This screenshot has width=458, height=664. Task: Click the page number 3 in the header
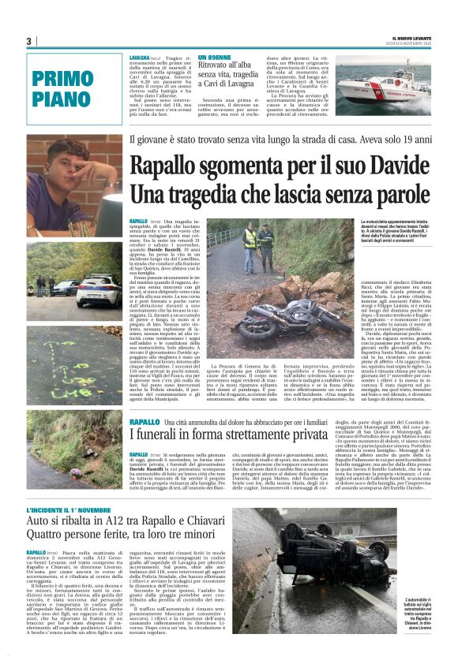tap(28, 41)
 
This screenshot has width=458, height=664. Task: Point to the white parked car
tap(98, 290)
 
